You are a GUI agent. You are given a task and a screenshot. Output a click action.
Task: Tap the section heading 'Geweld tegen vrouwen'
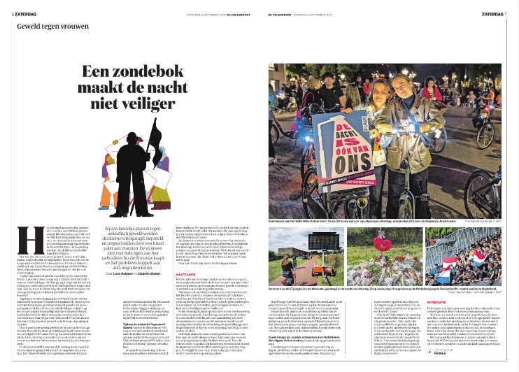(x=51, y=27)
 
